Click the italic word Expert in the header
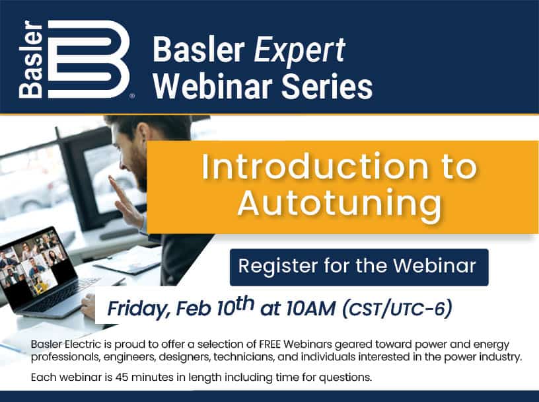299,51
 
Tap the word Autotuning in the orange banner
340,204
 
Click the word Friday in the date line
137,309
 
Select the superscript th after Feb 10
242,303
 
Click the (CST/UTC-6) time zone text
397,309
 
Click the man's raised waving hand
124,202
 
